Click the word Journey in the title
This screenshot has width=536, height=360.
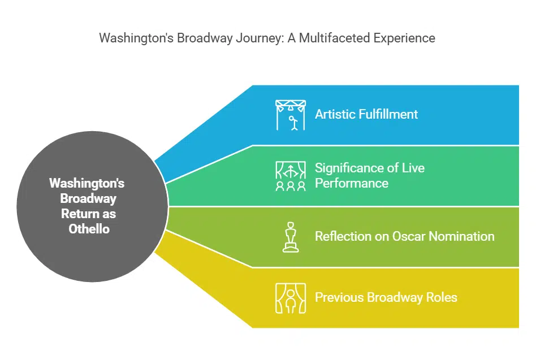[260, 38]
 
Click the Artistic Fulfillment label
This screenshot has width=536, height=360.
[366, 114]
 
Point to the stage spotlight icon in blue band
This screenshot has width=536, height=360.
[291, 115]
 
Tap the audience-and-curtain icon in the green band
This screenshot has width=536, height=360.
[291, 176]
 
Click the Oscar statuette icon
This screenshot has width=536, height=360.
[291, 237]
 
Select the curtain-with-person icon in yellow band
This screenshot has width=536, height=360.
[291, 298]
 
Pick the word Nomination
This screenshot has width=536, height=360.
[461, 236]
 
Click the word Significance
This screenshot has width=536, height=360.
[349, 168]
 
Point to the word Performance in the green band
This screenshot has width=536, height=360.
[352, 184]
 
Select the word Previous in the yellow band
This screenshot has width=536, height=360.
[339, 297]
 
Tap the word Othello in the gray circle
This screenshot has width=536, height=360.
[89, 229]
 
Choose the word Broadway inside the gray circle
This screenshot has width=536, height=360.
[88, 198]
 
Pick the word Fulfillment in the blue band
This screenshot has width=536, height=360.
[388, 114]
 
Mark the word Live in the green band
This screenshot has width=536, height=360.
[413, 168]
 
